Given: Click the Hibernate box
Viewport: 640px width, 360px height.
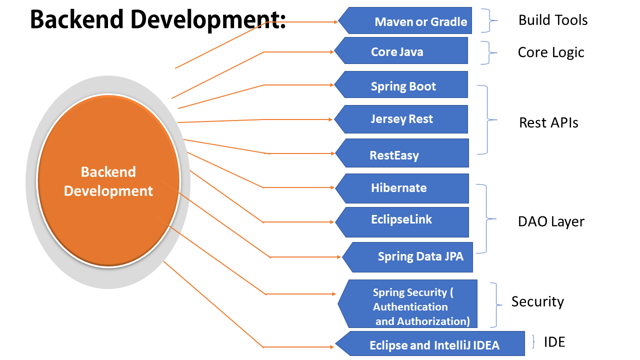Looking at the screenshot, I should [402, 188].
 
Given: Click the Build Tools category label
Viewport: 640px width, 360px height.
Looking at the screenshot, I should [553, 20].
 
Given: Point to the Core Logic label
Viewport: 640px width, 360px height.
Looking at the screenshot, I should [551, 52].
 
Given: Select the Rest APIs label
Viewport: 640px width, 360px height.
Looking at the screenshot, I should [548, 123].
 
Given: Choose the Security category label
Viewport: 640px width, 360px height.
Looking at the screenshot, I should [537, 301].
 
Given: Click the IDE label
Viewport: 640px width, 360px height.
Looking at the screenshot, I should [554, 342].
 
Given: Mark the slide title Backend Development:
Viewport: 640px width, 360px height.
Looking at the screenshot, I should [158, 20].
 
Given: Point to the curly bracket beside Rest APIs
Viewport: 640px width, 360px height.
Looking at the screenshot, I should [487, 119].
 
